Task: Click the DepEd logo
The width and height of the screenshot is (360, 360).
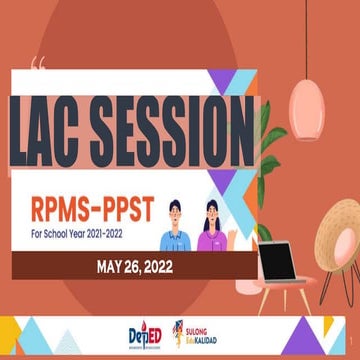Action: (x=144, y=335)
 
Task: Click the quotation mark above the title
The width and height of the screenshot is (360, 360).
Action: (x=37, y=67)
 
